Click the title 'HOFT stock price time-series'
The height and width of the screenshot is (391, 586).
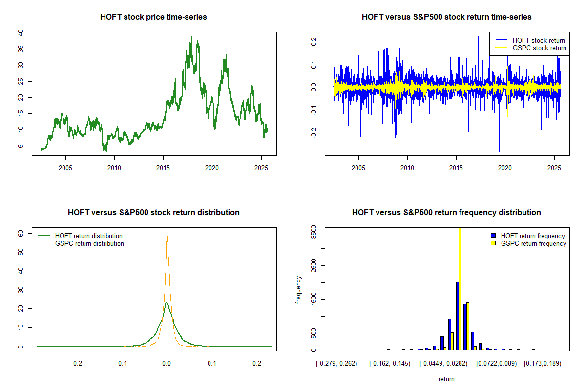pos(153,17)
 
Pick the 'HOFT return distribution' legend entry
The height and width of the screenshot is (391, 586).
pos(88,236)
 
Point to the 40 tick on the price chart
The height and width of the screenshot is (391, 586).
pos(21,33)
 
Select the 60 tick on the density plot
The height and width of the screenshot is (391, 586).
pos(21,233)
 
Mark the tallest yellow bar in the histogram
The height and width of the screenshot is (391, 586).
pos(460,288)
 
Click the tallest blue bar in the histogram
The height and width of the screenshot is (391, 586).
pos(458,316)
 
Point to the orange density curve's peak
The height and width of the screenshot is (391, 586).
pos(167,235)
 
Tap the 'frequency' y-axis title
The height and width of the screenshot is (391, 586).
pos(299,290)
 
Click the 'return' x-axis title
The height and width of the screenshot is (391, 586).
pos(446,379)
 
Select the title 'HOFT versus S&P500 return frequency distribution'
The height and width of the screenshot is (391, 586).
pos(446,213)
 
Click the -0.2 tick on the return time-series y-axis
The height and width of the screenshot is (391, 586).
pos(314,133)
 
